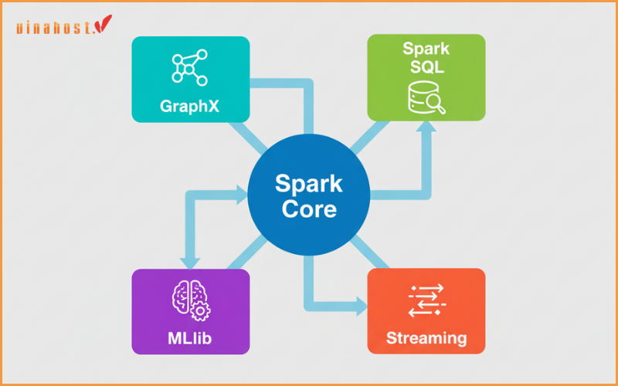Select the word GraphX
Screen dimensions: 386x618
[x=190, y=107]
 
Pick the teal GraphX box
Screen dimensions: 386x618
[x=154, y=85]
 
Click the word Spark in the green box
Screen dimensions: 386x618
[x=426, y=49]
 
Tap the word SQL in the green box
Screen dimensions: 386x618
[x=426, y=69]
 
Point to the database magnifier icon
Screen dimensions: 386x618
[x=426, y=99]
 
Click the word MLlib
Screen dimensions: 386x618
[x=190, y=338]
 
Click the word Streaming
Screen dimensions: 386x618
[x=426, y=338]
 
